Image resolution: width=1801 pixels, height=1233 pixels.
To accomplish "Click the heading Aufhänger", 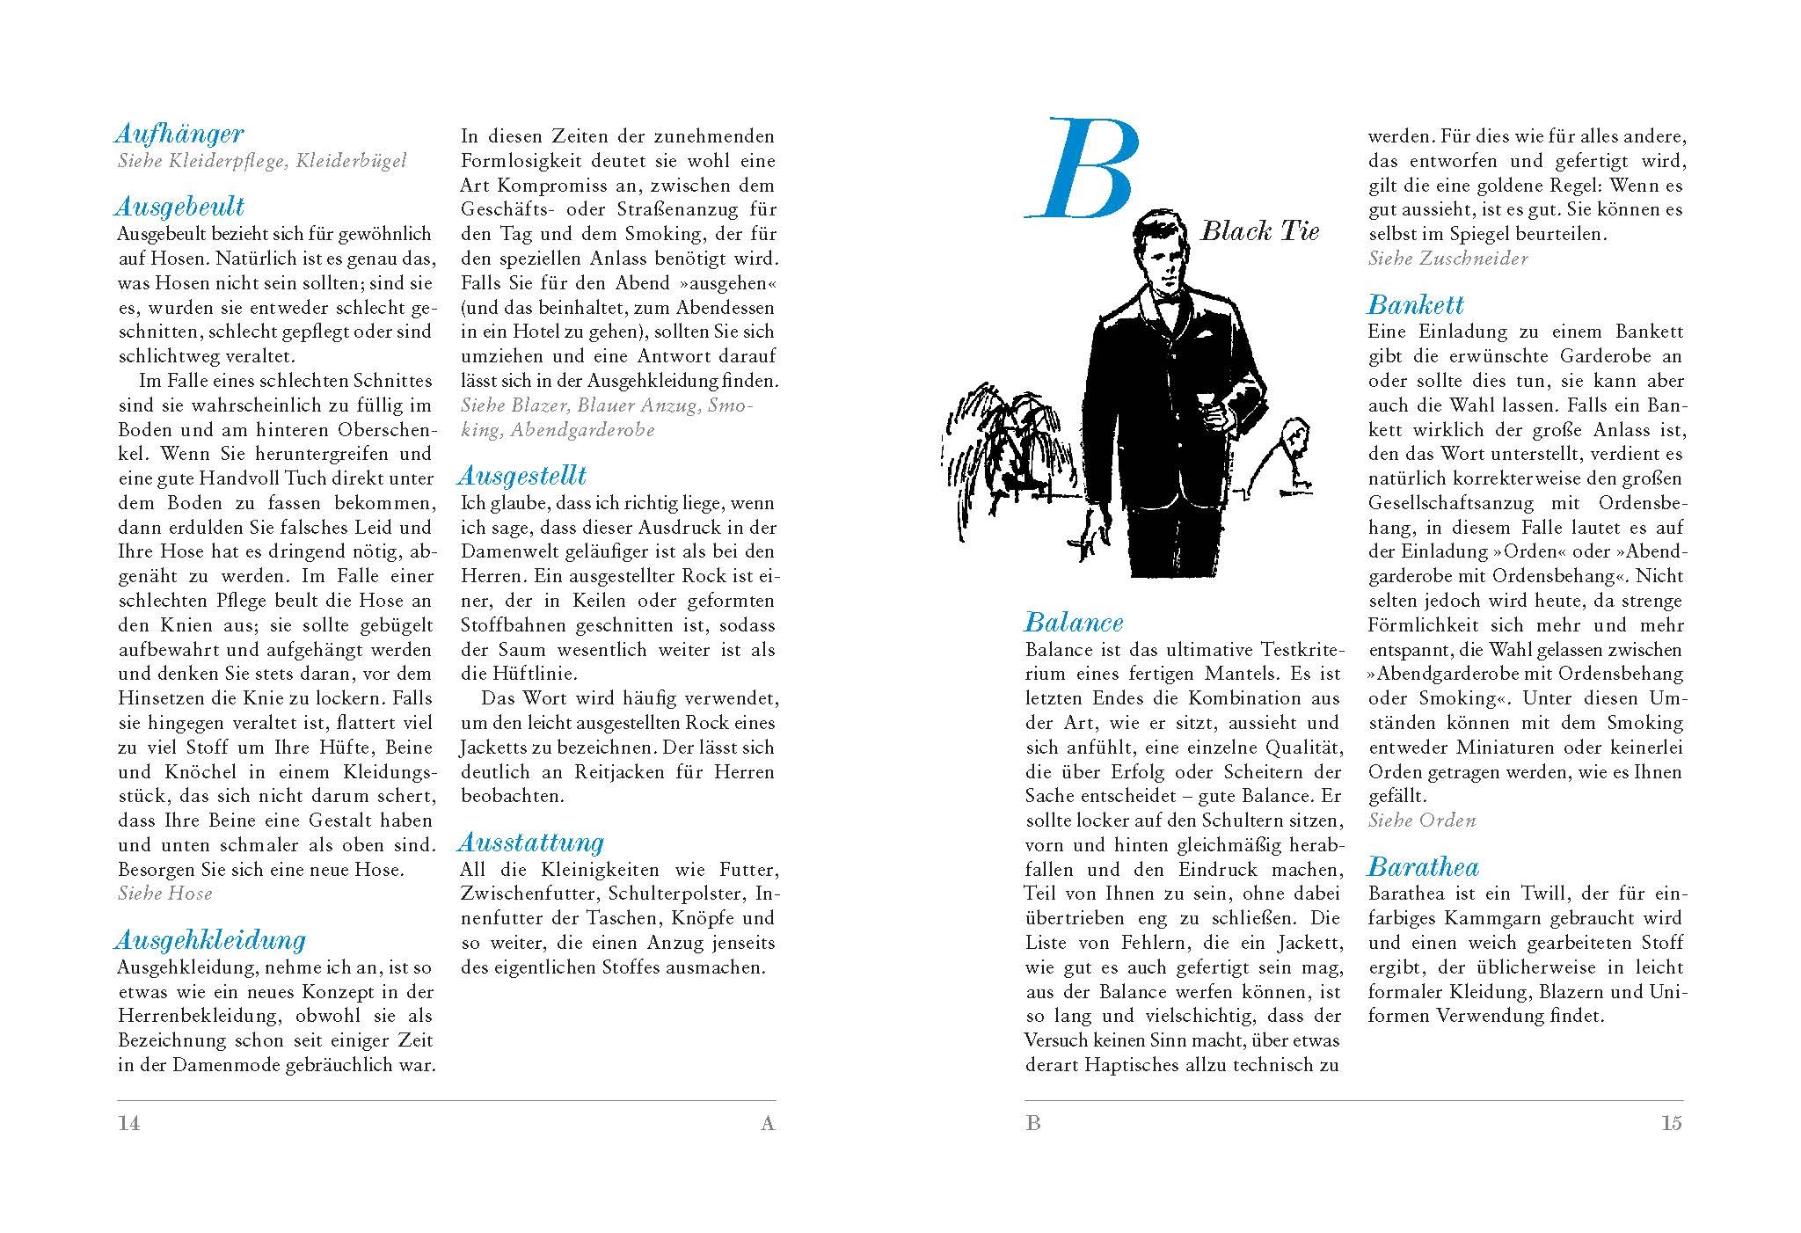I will pos(179,135).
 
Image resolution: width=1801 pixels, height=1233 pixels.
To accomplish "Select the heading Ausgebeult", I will pos(179,208).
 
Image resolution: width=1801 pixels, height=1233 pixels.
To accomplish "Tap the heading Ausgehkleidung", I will pos(210,940).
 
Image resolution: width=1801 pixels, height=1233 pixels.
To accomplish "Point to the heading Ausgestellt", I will pos(521,477).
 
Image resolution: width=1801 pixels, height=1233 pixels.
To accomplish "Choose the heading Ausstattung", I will pos(530,843).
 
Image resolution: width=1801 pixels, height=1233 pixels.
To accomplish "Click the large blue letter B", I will pos(1083,169).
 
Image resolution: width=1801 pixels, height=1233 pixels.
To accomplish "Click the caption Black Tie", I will pos(1259,231).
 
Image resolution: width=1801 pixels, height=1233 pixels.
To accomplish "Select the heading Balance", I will pos(1074,623).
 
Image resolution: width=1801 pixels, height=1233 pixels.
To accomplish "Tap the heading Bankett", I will pos(1415,305).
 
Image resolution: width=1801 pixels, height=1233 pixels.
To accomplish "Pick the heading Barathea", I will pos(1423,867).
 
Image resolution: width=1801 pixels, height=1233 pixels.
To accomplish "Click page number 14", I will pos(129,1123).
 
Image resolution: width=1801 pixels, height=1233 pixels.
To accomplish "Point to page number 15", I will pos(1671,1123).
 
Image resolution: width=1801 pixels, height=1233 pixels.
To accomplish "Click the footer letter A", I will pos(768,1123).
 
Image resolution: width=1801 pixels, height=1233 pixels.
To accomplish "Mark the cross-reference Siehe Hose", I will pos(165,894).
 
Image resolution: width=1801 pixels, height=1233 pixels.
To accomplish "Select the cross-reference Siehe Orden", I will pos(1421,821).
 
